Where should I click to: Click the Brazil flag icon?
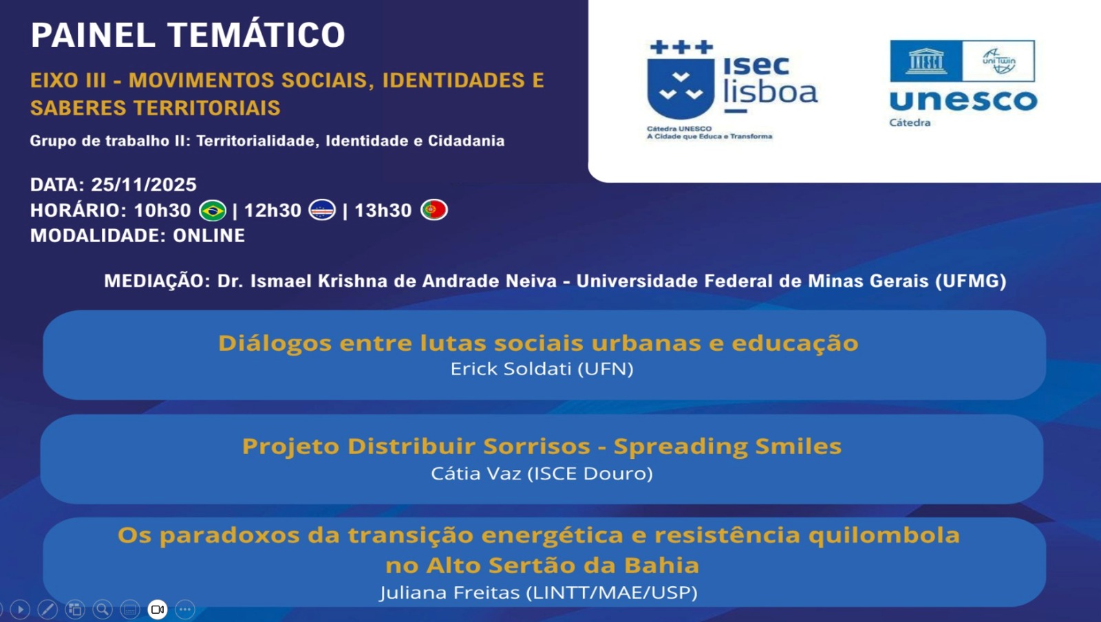[213, 210]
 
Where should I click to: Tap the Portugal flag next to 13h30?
[434, 209]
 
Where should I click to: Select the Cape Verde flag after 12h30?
[322, 209]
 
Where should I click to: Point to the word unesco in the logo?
[963, 100]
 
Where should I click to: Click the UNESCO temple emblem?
[926, 61]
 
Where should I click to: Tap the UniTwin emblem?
[998, 61]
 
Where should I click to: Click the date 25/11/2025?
[144, 184]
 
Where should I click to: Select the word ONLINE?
[209, 235]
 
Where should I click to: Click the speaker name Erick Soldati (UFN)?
[542, 369]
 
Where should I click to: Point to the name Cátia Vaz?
[475, 473]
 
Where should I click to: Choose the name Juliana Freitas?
[449, 592]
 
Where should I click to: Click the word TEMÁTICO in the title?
[256, 35]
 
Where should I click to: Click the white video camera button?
[158, 609]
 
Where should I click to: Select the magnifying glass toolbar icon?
[103, 609]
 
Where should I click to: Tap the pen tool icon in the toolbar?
[47, 609]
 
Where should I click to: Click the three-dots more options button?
[185, 609]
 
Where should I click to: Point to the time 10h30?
[162, 210]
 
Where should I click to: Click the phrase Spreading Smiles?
[727, 447]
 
